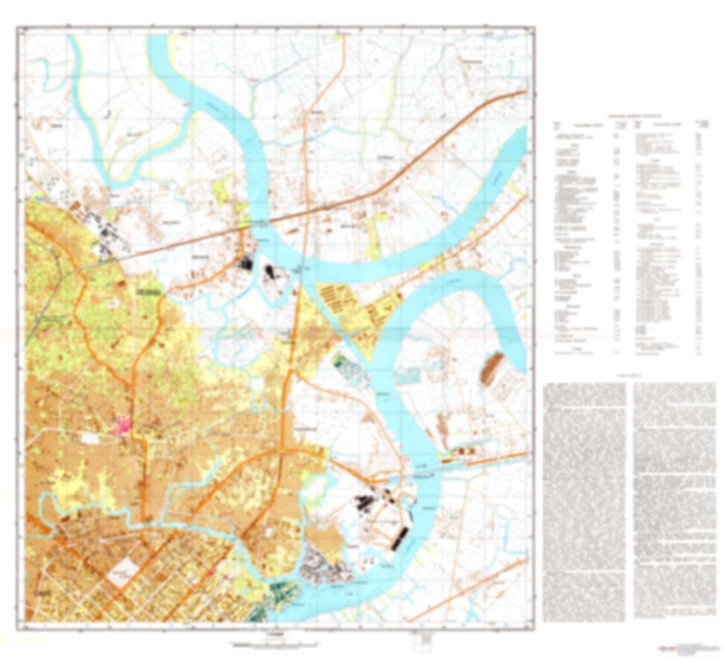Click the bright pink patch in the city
point(122,426)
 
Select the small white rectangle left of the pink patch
point(91,438)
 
